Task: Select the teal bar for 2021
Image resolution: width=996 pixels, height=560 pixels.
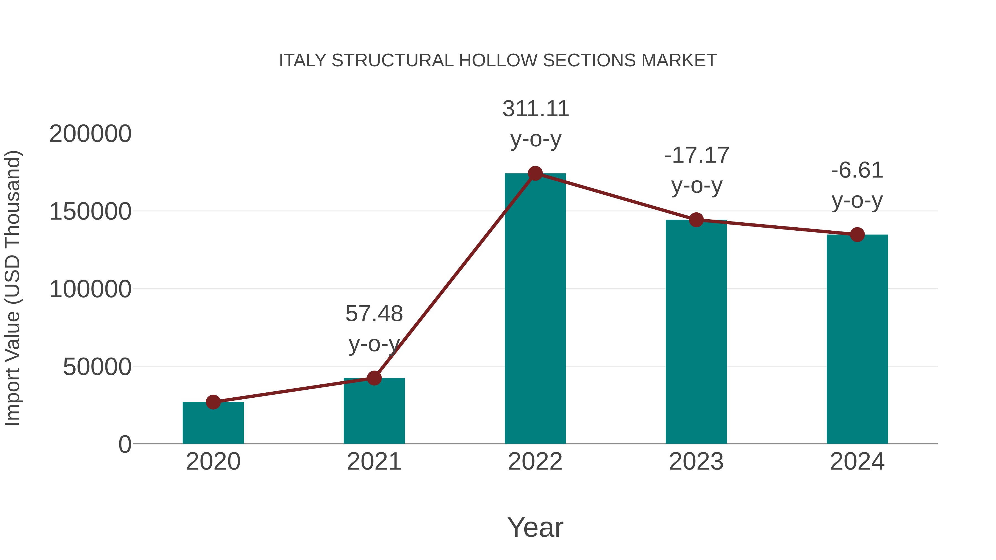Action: [374, 411]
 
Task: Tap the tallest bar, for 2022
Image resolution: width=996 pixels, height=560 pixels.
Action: [535, 309]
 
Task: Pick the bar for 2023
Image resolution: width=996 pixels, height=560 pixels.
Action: [696, 332]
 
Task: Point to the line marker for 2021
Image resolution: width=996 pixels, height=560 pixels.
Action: [374, 378]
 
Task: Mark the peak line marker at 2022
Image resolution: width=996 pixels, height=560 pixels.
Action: [535, 173]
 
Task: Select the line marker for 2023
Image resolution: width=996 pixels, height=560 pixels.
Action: [696, 220]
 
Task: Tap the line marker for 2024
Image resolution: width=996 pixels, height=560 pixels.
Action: [857, 234]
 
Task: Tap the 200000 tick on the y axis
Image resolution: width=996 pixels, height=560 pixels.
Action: [90, 134]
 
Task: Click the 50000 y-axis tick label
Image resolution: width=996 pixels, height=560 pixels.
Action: [97, 367]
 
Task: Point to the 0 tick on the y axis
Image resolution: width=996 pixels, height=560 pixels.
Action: [125, 444]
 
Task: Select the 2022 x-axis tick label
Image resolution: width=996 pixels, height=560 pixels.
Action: [535, 462]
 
